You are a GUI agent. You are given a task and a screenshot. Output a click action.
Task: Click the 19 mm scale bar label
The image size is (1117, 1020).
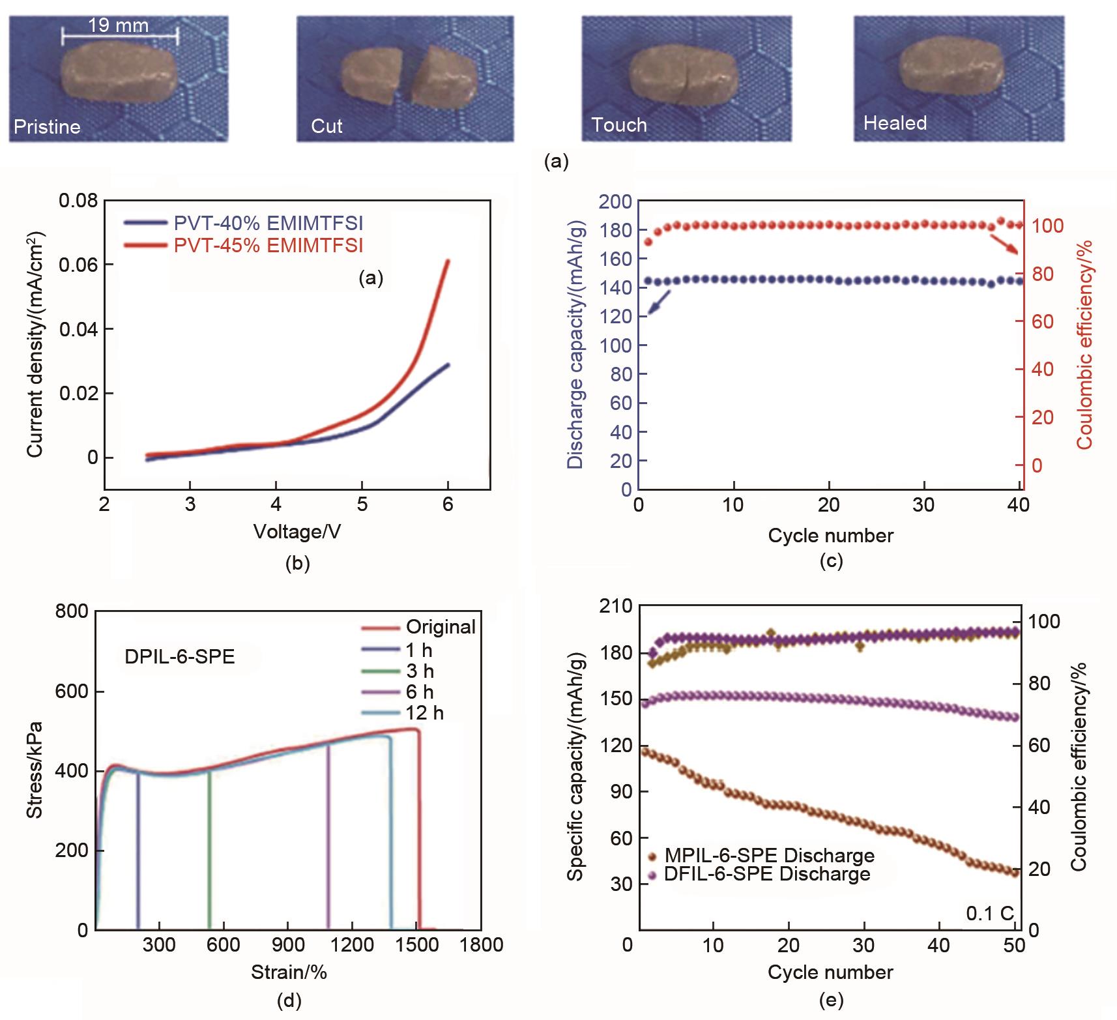coord(118,26)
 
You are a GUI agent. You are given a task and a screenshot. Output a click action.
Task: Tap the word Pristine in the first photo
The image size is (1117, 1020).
coord(47,126)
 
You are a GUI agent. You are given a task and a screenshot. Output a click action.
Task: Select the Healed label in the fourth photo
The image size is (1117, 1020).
coord(895,123)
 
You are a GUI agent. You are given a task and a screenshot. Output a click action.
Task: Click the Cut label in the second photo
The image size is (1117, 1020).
coord(326,126)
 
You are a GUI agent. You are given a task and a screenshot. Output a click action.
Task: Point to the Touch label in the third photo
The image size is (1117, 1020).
coord(618,125)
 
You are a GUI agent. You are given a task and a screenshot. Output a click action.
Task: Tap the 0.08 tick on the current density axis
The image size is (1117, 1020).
coord(78,201)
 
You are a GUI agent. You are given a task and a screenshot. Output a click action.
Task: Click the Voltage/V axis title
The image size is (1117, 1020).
coord(297,532)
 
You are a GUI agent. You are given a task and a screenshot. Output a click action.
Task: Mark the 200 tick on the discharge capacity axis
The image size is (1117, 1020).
coord(615,201)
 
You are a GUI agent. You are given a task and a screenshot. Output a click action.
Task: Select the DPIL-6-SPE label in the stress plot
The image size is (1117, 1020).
coord(179,656)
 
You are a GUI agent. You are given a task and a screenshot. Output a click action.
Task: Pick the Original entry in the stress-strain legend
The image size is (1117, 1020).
coord(441,627)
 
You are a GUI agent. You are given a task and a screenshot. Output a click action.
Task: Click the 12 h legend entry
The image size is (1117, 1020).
coord(424,713)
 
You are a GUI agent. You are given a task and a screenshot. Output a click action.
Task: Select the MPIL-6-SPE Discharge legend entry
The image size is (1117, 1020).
coord(769,855)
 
